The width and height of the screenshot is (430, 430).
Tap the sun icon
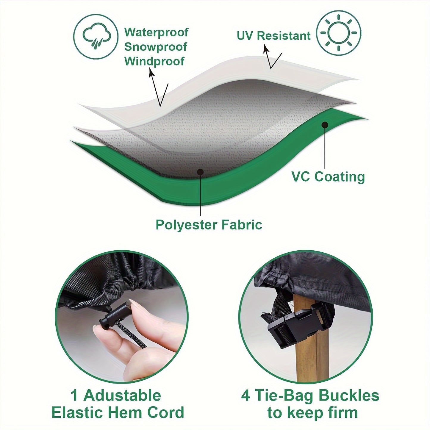339,33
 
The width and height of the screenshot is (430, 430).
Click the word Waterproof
156,32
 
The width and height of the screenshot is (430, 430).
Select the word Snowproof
156,47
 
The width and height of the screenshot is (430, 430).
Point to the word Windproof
154,61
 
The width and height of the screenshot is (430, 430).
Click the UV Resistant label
273,36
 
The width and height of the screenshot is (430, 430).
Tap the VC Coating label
328,176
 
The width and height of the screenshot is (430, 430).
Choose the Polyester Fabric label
209,225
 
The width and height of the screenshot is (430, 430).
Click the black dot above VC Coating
325,125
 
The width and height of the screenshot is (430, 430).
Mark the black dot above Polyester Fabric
201,172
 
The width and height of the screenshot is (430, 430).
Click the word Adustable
122,395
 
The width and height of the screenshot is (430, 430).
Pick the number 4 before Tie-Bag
246,396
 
